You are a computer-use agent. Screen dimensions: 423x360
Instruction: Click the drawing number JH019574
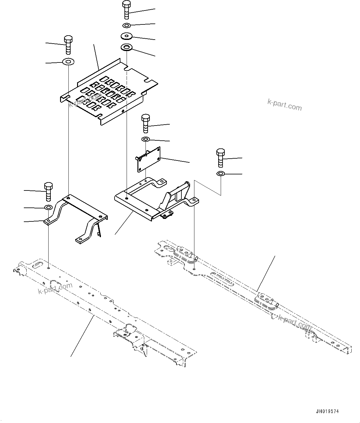tap(327, 412)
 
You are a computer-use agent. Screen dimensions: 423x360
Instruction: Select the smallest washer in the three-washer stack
tap(126, 25)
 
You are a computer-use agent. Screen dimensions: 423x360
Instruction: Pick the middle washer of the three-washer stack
tap(126, 36)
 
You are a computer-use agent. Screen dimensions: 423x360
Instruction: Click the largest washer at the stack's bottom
tap(126, 48)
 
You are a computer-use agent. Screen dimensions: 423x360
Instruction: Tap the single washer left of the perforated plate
tap(68, 62)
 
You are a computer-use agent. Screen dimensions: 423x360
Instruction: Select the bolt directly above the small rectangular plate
tap(145, 123)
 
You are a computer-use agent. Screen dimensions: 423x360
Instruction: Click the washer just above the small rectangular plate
tap(145, 139)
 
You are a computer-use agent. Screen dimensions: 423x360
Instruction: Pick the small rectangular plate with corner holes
tap(149, 159)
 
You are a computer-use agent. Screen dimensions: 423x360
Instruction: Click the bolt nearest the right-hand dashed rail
tap(220, 158)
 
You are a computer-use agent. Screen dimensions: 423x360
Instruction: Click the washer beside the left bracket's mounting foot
tap(48, 207)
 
